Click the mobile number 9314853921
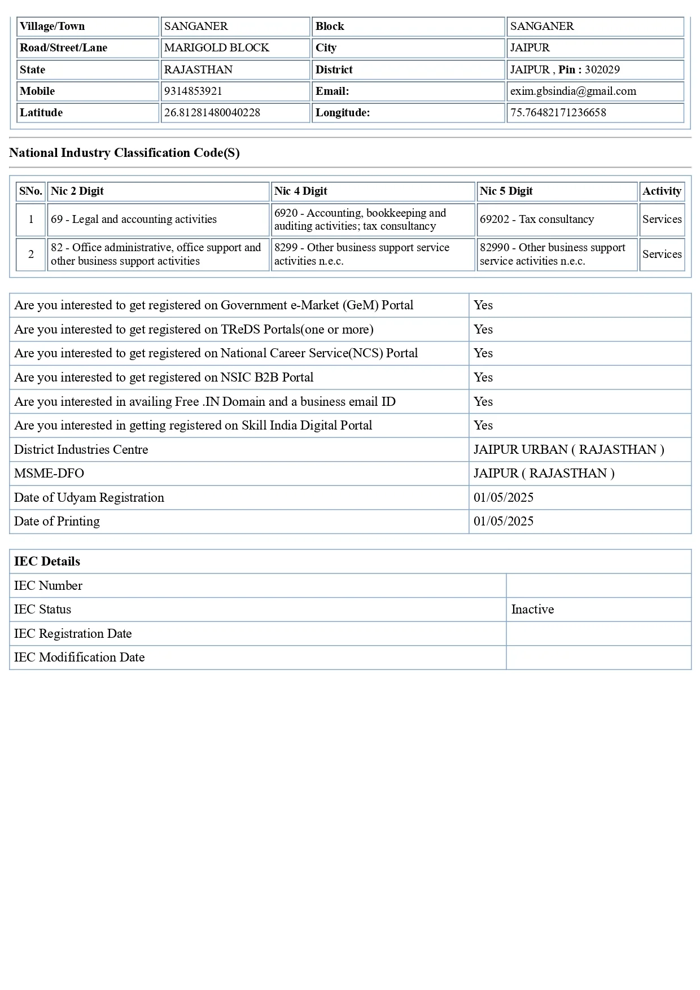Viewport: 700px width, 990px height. [x=193, y=91]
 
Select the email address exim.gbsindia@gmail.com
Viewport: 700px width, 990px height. [x=573, y=91]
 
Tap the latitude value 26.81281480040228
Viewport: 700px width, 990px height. [x=212, y=113]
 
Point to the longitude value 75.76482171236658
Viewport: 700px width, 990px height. [x=558, y=113]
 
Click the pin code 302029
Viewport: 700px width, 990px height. [x=602, y=70]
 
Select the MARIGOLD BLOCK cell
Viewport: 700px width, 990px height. [x=217, y=48]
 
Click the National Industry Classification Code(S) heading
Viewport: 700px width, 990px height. [x=124, y=153]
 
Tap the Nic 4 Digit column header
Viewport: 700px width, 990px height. [x=301, y=191]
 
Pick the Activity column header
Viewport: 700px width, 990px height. [x=662, y=191]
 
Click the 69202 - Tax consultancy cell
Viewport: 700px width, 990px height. [x=537, y=220]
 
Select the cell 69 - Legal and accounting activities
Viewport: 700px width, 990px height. [x=134, y=220]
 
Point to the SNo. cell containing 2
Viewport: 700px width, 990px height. [x=31, y=255]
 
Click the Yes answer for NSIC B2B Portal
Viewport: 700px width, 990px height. [x=483, y=378]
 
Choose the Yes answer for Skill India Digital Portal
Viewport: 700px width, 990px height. [x=483, y=426]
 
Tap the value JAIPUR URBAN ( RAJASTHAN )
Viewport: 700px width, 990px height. [x=568, y=450]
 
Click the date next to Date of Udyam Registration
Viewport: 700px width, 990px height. [x=504, y=498]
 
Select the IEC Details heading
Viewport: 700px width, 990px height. [x=47, y=562]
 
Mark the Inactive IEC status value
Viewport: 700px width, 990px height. [x=532, y=610]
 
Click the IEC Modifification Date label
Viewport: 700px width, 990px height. [x=80, y=658]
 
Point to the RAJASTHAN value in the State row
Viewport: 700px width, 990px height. [x=198, y=70]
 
